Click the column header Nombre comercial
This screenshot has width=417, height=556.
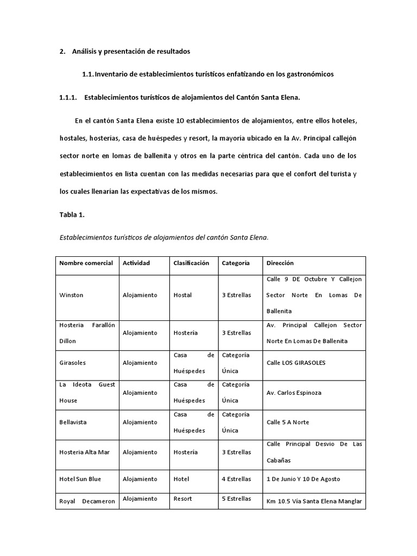coord(86,263)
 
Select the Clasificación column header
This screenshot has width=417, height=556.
coord(191,263)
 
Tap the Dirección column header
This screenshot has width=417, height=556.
coord(280,263)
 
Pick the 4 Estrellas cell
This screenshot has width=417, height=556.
coord(236,479)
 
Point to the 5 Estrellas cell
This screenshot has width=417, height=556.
coord(236,498)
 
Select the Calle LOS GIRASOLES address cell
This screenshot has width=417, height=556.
coord(296,363)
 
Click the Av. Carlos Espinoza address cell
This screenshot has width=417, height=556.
coord(294,393)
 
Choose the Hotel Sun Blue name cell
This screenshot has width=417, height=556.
coord(80,479)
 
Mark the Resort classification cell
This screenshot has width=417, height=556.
coord(182,498)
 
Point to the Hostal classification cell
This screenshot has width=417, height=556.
coord(182,295)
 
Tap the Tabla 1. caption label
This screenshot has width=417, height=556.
coord(72,214)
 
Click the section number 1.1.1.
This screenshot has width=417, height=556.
coord(68,97)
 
